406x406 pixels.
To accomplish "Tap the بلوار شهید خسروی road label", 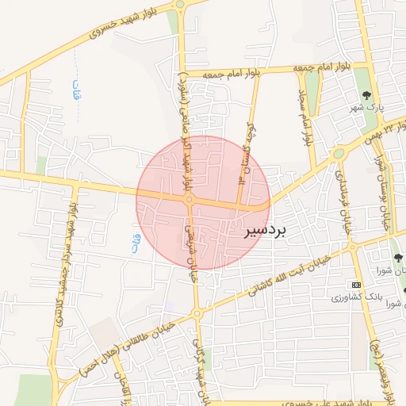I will pyautogui.click(x=119, y=26).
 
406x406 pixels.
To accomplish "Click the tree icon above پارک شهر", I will pyautogui.click(x=366, y=94).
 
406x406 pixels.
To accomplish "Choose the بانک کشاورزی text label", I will pyautogui.click(x=358, y=296).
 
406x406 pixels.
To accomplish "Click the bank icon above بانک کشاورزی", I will pyautogui.click(x=356, y=284).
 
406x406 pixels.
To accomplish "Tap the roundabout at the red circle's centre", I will pyautogui.click(x=189, y=201).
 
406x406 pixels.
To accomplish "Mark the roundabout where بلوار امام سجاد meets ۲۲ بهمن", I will pyautogui.click(x=339, y=153).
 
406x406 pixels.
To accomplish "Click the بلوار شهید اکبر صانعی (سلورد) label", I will pyautogui.click(x=186, y=119).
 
